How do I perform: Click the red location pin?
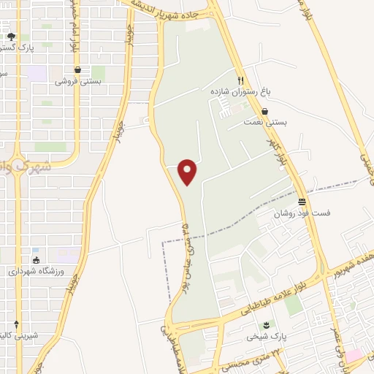pos(188,172)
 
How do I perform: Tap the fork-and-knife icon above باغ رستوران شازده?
pos(240,81)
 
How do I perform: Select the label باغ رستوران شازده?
pos(238,93)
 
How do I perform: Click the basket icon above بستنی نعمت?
pos(264,112)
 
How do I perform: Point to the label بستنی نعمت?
pos(265,123)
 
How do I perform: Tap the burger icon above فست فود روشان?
pos(302,202)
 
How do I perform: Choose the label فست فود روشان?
pos(302,214)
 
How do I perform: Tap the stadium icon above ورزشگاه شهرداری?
pos(36,260)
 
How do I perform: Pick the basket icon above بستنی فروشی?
pos(71,70)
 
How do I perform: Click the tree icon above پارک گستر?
pos(10,36)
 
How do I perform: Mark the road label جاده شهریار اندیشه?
pos(176,5)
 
